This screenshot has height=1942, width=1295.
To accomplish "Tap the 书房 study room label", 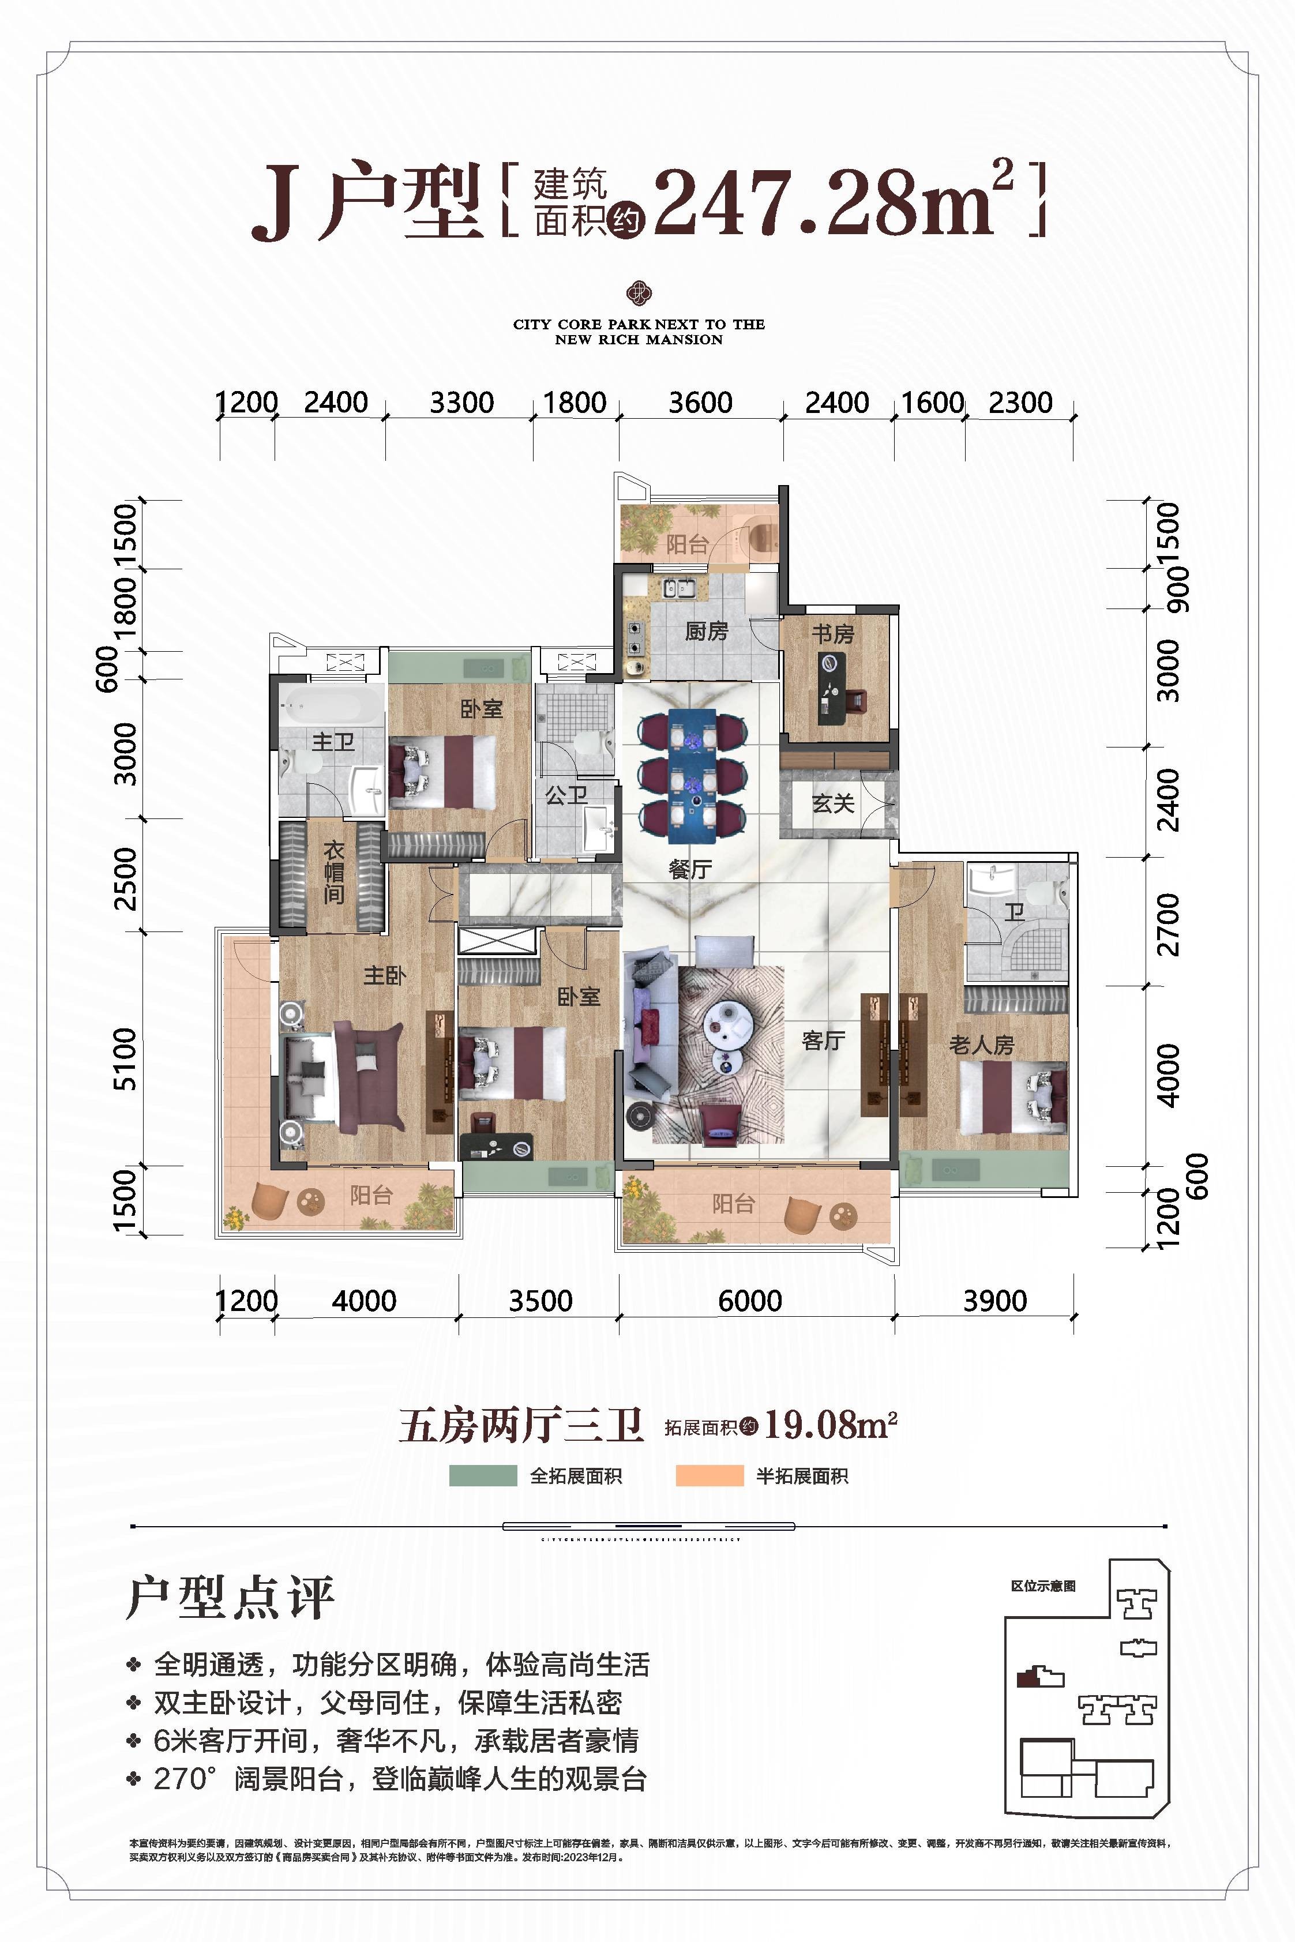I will pyautogui.click(x=832, y=634).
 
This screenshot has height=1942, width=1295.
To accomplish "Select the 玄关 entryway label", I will pyautogui.click(x=832, y=802).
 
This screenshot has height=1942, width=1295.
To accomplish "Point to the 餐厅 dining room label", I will pyautogui.click(x=690, y=869).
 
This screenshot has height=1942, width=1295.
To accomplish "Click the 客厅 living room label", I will pyautogui.click(x=823, y=1041).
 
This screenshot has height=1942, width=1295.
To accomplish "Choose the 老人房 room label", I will pyautogui.click(x=981, y=1045).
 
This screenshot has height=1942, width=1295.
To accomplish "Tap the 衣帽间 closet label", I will pyautogui.click(x=333, y=872).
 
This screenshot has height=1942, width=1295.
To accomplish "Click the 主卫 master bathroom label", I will pyautogui.click(x=333, y=742).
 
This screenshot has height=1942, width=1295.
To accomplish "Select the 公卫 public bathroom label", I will pyautogui.click(x=566, y=796).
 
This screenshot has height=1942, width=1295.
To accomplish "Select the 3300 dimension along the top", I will pyautogui.click(x=461, y=403).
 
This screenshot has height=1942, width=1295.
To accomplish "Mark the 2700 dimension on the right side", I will pyautogui.click(x=1169, y=923).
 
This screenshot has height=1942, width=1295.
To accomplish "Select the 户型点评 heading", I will pyautogui.click(x=230, y=1598).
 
